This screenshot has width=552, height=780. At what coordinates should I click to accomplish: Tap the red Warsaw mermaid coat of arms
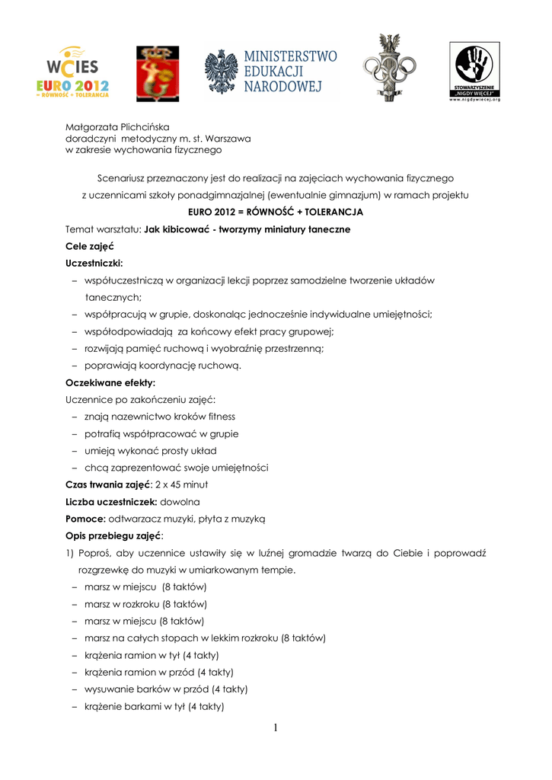coord(157,74)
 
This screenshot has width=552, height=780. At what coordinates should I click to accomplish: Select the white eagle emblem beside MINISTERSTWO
coord(222,73)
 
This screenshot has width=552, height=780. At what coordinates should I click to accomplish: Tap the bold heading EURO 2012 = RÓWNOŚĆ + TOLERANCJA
coord(276,212)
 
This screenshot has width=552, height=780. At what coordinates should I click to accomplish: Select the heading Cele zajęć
coord(88,246)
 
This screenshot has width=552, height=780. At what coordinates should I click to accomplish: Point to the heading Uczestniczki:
coord(94,263)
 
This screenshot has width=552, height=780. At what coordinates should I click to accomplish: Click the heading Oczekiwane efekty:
coord(110,382)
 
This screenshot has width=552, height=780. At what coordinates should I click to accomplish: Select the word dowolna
coord(180,501)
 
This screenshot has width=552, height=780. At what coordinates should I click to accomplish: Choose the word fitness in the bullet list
coord(217,416)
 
